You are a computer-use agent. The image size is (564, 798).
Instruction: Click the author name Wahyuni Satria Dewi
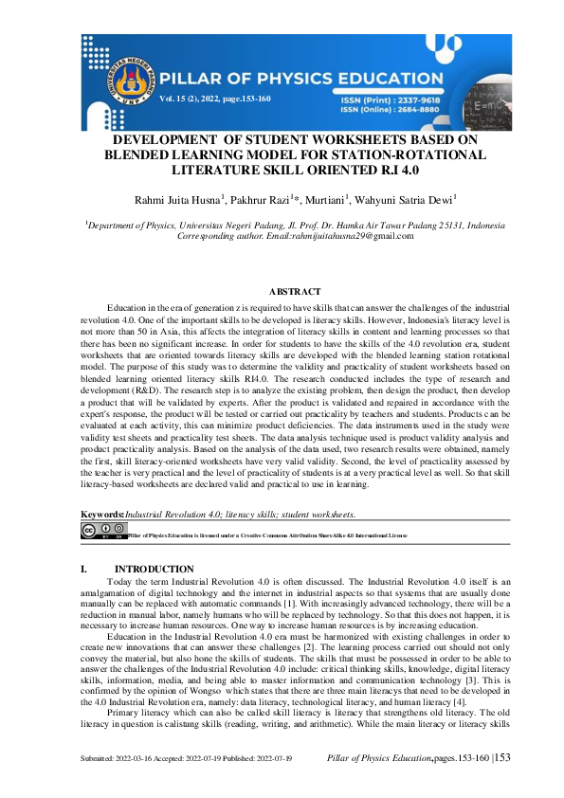pos(413,199)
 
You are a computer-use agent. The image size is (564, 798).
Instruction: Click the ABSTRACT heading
pos(295,292)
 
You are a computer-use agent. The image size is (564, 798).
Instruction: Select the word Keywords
pos(102,515)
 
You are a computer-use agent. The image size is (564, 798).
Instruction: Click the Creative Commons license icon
pos(102,531)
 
